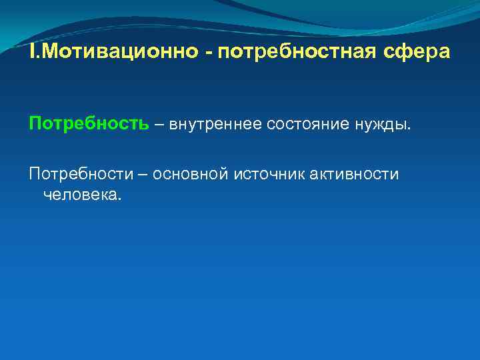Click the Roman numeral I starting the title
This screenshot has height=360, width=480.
[31, 51]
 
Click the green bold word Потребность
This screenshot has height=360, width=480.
[89, 124]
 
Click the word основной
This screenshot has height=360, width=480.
[191, 174]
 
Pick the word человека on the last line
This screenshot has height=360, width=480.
[80, 194]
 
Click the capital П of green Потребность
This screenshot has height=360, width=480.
[35, 124]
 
